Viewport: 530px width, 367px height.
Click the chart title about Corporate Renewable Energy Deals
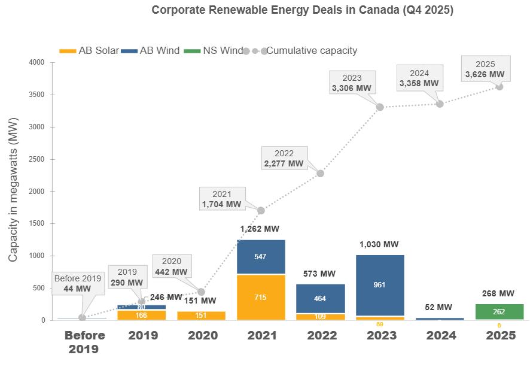tap(302, 10)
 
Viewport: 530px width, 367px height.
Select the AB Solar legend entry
tap(90, 50)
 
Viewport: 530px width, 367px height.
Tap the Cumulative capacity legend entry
tap(302, 50)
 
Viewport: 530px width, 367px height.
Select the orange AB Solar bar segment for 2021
tap(260, 298)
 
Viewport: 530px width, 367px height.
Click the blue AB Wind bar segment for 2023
tap(380, 285)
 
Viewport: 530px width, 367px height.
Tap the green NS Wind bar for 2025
tap(499, 312)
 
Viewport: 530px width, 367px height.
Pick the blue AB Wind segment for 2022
tap(320, 298)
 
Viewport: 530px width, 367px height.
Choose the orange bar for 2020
tap(201, 316)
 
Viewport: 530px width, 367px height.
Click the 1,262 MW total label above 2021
tap(260, 229)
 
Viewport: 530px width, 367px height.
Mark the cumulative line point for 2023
tap(380, 107)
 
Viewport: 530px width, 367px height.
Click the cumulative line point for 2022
tap(320, 174)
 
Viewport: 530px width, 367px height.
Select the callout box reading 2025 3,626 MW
tap(485, 69)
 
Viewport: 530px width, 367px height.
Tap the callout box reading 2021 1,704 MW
tap(221, 199)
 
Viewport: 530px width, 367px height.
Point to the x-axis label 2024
tap(440, 336)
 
